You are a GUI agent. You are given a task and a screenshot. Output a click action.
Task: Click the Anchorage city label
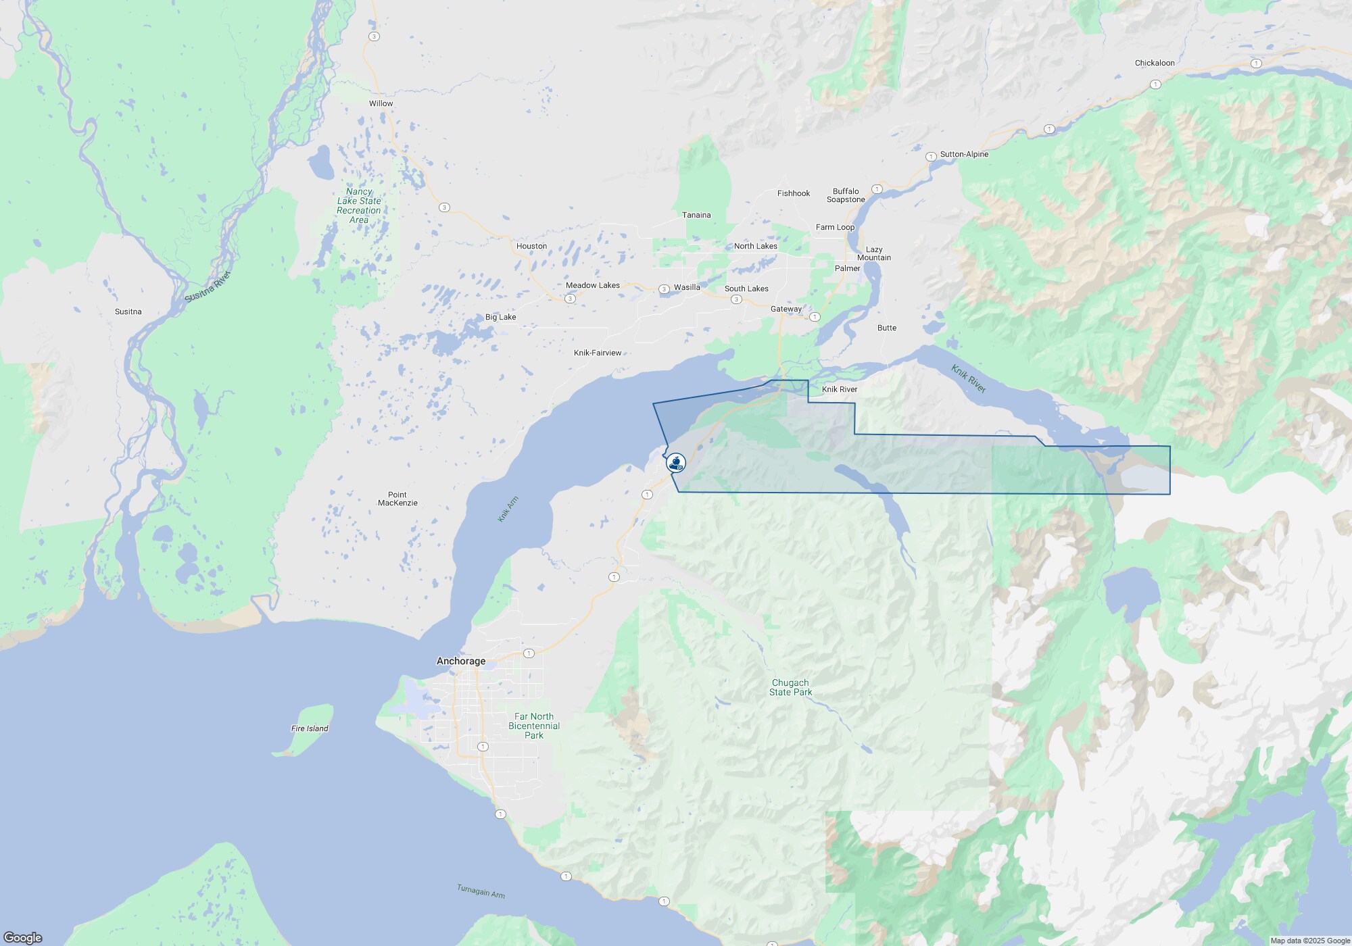tap(461, 661)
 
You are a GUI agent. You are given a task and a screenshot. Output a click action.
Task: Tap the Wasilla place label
tap(687, 287)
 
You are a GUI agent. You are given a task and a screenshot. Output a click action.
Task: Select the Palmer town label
tap(847, 268)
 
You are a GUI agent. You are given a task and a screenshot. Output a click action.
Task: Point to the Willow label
tap(381, 103)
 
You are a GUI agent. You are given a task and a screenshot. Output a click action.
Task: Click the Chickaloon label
tap(1155, 63)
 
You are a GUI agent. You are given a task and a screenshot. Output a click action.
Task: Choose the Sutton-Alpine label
tap(964, 154)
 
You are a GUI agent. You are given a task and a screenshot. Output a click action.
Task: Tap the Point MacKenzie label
tap(397, 499)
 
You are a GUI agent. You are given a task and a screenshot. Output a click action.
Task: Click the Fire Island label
tap(310, 728)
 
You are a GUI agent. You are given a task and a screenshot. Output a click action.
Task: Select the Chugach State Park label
tap(790, 687)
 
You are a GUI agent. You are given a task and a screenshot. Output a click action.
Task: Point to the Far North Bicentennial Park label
tap(534, 726)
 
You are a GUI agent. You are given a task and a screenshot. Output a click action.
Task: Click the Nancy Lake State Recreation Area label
tap(359, 205)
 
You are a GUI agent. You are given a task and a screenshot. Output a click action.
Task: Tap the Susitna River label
tap(208, 287)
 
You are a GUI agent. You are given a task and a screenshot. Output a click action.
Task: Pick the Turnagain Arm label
tap(481, 891)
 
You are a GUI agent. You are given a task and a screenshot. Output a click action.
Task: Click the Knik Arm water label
tap(508, 509)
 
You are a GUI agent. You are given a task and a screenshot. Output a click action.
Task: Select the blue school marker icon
tap(675, 463)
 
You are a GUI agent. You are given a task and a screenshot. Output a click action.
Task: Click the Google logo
tap(23, 937)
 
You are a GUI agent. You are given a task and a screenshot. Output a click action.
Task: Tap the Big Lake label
tap(500, 317)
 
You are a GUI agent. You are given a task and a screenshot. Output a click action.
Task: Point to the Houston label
tap(531, 246)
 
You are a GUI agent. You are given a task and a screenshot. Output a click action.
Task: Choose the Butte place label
tap(887, 328)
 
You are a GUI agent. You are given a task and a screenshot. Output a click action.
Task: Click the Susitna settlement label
tap(128, 312)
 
